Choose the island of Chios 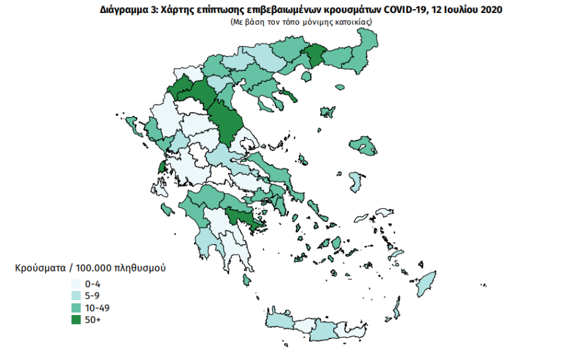click(x=356, y=181)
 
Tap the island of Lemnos click(x=329, y=112)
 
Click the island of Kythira click(x=247, y=280)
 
